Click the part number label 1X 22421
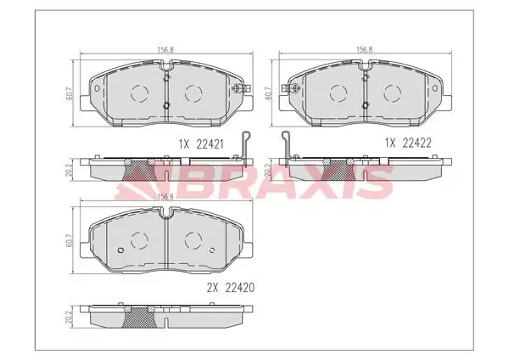click(201, 144)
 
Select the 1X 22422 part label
click(408, 143)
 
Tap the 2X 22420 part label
click(231, 287)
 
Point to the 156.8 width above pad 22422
click(365, 50)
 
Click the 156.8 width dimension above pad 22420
click(165, 197)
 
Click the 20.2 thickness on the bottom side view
click(68, 317)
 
